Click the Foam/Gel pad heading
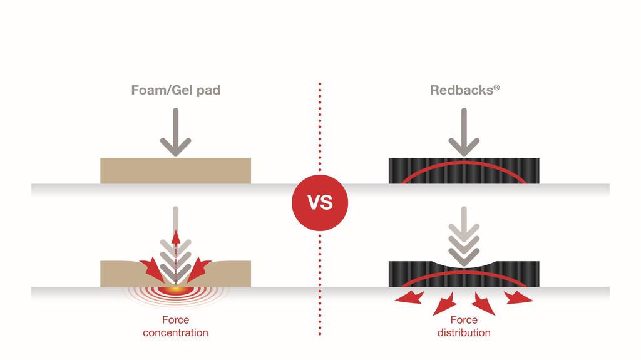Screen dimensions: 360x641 click(175, 90)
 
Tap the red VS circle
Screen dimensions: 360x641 click(320, 203)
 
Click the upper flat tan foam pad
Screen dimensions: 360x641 click(175, 171)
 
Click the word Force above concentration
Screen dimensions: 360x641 click(175, 320)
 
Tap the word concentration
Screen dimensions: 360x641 click(175, 332)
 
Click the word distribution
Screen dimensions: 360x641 click(464, 332)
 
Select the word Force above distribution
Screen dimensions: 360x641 click(464, 320)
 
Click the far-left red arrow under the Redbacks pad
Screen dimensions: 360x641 click(406, 297)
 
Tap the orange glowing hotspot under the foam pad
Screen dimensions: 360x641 click(176, 290)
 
